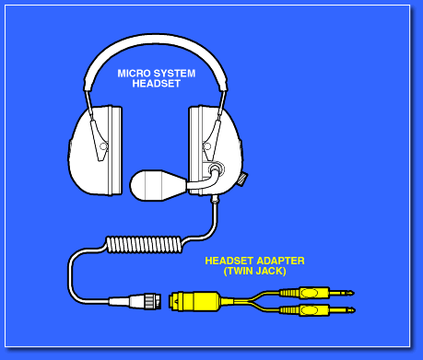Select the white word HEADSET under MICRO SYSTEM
157,84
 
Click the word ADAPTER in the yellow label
281,261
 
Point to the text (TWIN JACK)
255,271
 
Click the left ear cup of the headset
95,150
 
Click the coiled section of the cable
144,244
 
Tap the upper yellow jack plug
317,293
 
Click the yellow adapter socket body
194,301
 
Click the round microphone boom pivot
216,168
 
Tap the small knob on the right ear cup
243,179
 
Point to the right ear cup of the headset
215,150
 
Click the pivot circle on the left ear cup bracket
103,146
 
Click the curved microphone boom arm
205,181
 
